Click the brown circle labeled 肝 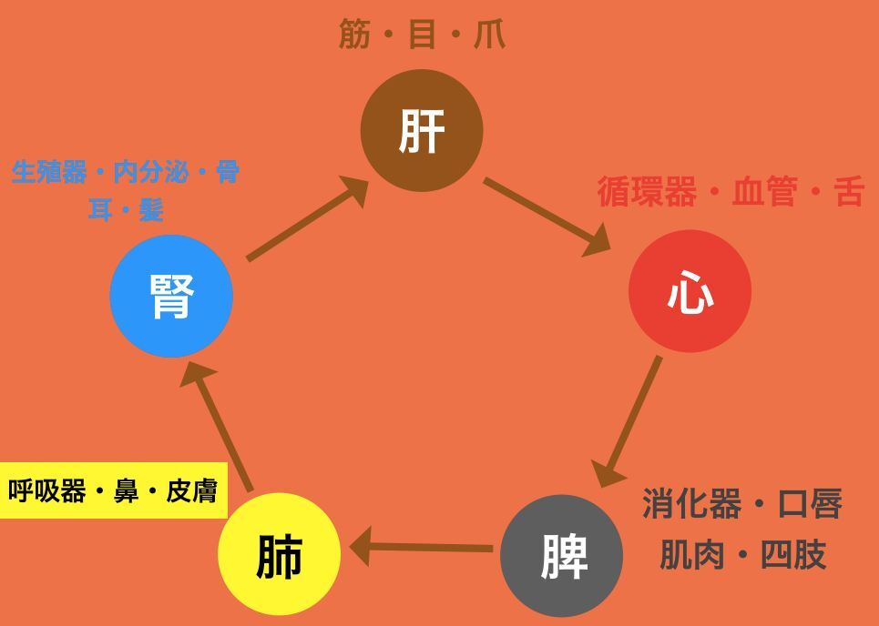[422, 130]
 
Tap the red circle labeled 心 [690, 291]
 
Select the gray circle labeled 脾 [562, 555]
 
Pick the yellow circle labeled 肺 [279, 554]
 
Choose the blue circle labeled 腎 [171, 296]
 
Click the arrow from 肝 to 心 [547, 217]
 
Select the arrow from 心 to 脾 [627, 421]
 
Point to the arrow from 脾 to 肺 [421, 547]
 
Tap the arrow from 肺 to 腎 [217, 426]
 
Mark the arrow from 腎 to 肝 [307, 218]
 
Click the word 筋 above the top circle [354, 34]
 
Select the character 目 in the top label [422, 34]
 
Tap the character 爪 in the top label [489, 34]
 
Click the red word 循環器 [648, 191]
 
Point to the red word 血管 [764, 191]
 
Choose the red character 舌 [848, 191]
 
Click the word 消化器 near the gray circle [691, 503]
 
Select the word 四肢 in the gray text [792, 555]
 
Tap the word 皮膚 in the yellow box [191, 491]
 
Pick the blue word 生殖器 [49, 172]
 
